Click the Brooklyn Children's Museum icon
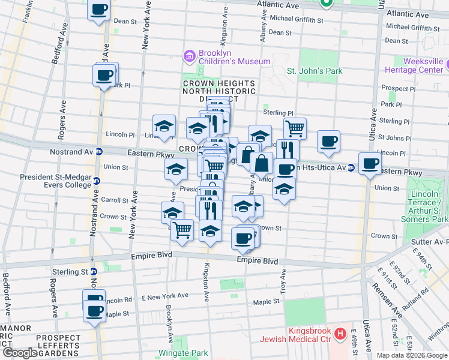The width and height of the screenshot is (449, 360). coord(190,56)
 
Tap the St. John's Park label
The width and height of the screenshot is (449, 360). coord(314,71)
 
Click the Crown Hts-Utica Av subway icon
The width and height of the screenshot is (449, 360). coord(351,167)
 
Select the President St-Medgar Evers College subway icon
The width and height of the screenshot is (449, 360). coord(96,181)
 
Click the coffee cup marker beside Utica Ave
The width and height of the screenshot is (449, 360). coord(370,163)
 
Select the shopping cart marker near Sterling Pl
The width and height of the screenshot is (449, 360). coord(295,128)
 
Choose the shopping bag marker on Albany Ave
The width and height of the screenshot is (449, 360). coord(262,163)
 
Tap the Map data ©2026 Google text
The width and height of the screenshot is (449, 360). coord(412,355)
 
